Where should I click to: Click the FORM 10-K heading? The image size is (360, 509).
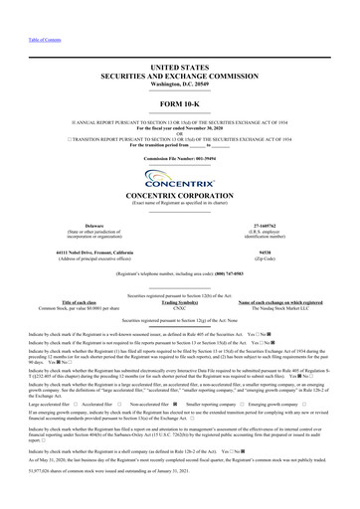coord(179,102)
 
